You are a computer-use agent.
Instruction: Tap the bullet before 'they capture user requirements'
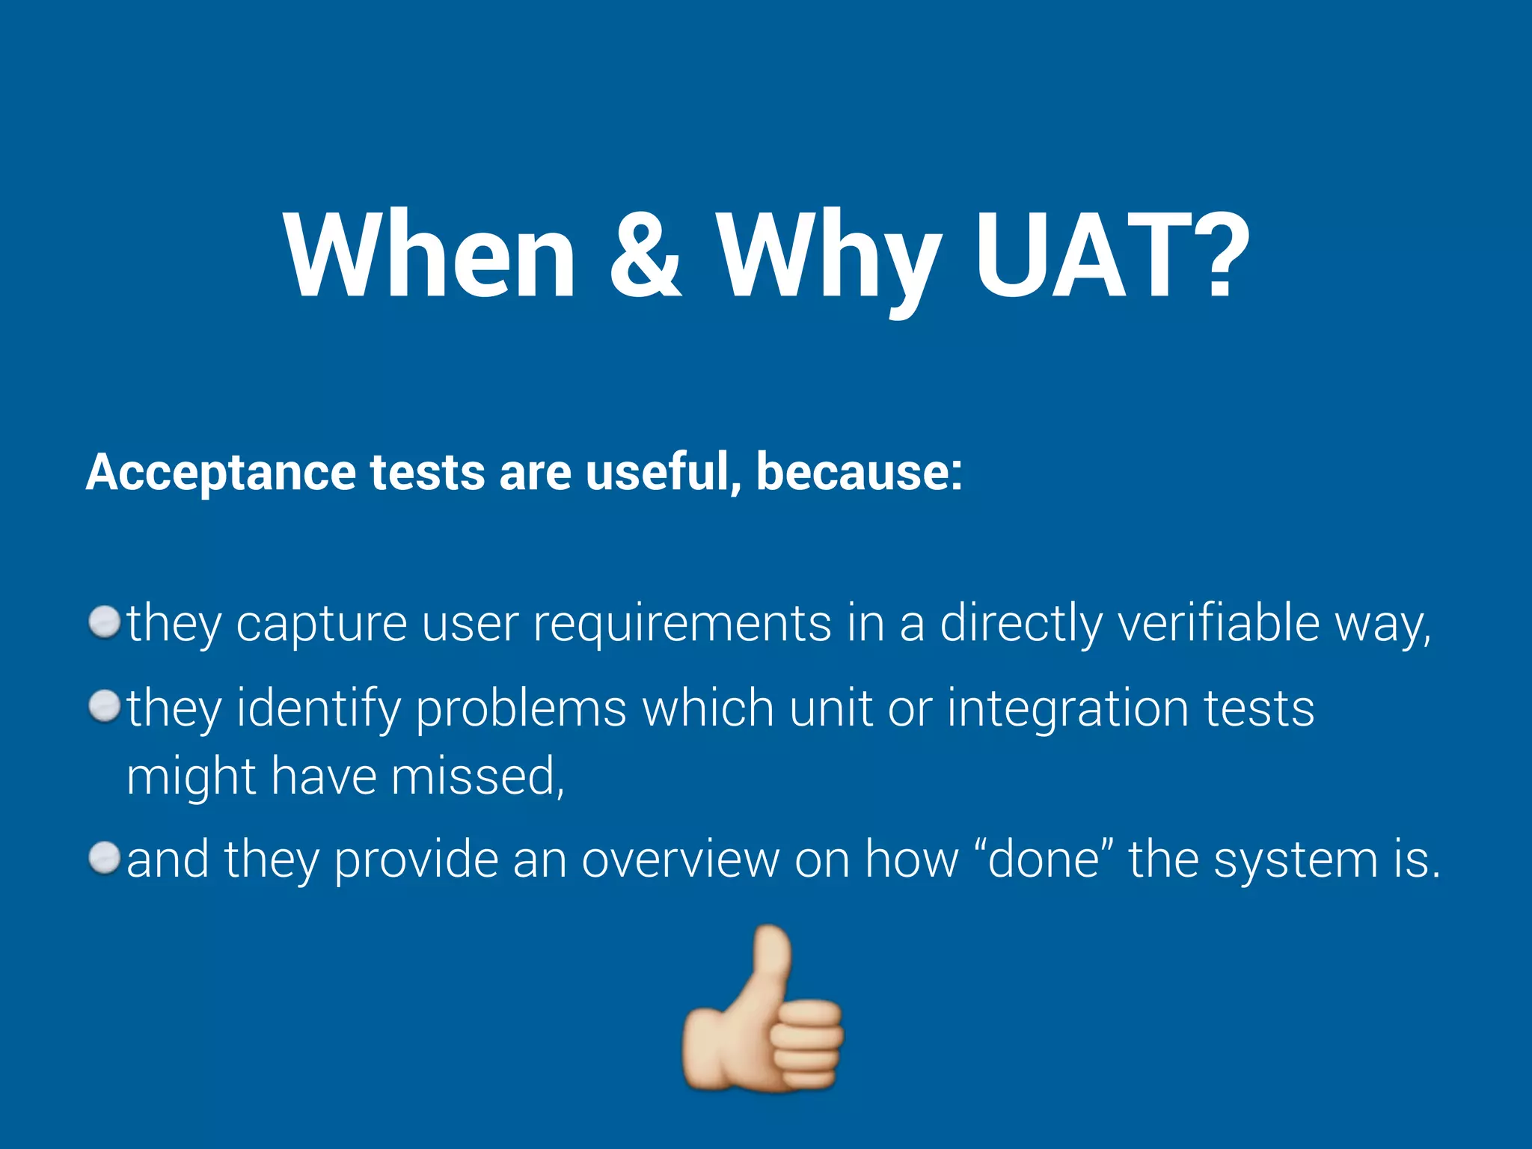click(x=104, y=622)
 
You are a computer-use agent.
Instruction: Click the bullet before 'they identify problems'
click(x=104, y=707)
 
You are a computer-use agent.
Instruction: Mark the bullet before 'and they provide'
click(x=104, y=858)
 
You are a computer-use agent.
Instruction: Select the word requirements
click(x=681, y=624)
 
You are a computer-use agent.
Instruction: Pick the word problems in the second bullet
click(x=521, y=708)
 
